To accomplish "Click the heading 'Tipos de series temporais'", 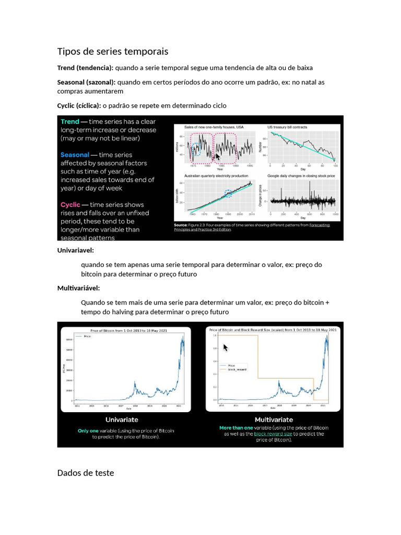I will click(x=113, y=51).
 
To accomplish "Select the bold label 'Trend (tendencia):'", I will click(x=85, y=68).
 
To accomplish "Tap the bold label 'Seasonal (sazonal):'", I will click(x=86, y=83).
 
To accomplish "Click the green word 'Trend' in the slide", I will click(x=70, y=122).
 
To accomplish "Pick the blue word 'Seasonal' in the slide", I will click(x=75, y=155).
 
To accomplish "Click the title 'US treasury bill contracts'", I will click(x=287, y=127).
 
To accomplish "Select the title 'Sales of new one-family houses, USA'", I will click(x=214, y=127).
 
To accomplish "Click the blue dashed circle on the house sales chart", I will click(x=196, y=150).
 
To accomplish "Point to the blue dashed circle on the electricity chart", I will click(x=228, y=193).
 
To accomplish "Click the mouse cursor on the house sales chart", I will click(x=218, y=157).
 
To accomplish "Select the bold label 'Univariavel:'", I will click(x=75, y=250).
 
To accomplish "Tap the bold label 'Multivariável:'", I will click(x=78, y=288).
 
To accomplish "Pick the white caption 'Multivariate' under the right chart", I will click(x=274, y=420).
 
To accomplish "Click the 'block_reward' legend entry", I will click(x=237, y=369).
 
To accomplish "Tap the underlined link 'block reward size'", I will click(x=276, y=434).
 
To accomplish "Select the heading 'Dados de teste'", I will click(x=85, y=473).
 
